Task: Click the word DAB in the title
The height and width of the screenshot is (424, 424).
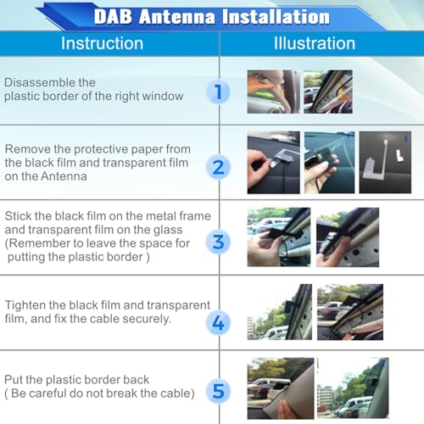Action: point(113,16)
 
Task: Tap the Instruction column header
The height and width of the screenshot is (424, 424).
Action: point(102,43)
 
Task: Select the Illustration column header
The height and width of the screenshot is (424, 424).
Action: point(315,43)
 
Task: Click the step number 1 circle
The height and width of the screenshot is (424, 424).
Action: point(218,92)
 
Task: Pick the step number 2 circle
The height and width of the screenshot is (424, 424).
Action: point(218,167)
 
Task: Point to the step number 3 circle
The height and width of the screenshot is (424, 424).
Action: point(218,242)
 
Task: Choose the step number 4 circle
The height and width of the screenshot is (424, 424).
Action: point(218,322)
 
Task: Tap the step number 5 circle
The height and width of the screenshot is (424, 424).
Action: point(218,392)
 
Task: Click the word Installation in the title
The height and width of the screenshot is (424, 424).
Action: point(276,17)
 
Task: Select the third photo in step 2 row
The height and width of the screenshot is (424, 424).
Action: point(385,162)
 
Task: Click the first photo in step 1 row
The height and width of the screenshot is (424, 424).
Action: point(274,92)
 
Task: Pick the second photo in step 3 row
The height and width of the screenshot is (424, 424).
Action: point(348,237)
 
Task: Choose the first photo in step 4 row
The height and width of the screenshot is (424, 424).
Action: point(280,312)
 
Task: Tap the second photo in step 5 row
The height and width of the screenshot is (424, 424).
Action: point(353,388)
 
